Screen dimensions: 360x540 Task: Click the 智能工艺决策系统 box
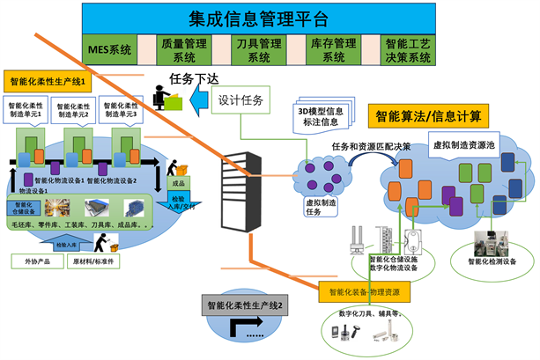coord(408,49)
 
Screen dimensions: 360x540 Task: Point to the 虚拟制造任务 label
coord(323,204)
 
